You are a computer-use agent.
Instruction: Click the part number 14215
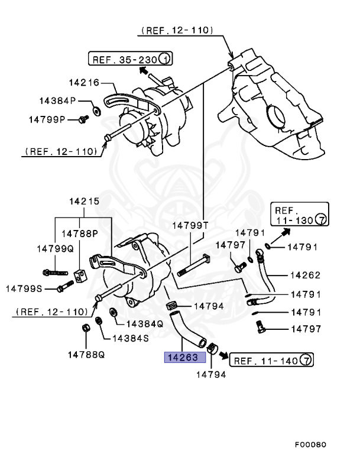[x=84, y=202]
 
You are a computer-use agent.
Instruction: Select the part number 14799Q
[x=54, y=249]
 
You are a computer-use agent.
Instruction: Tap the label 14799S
[x=26, y=288]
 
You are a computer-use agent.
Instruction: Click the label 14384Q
[x=144, y=324]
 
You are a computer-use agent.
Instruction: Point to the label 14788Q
[x=86, y=355]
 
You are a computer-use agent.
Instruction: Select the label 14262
[x=305, y=275]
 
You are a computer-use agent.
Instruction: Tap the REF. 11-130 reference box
[x=299, y=215]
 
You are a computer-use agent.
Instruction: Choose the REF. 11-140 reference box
[x=271, y=359]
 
